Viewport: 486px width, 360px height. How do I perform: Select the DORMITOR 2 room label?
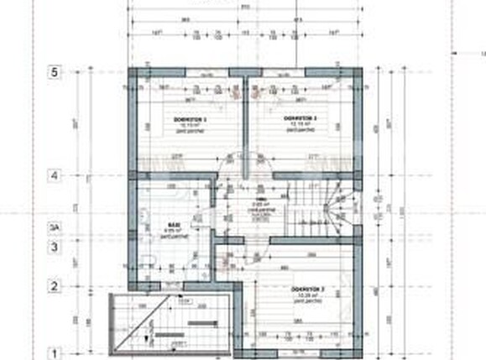pyautogui.click(x=300, y=120)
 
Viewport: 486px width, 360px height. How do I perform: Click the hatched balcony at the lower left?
pyautogui.click(x=168, y=327)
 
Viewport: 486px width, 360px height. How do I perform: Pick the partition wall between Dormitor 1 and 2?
pyautogui.click(x=243, y=126)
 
